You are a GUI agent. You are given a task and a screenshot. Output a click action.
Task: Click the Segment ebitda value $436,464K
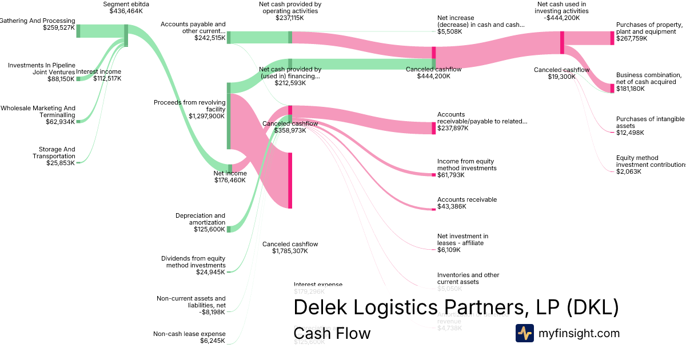pyautogui.click(x=126, y=11)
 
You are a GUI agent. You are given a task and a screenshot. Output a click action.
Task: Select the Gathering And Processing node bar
pyautogui.click(x=78, y=31)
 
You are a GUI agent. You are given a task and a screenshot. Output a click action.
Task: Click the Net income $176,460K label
pyautogui.click(x=230, y=177)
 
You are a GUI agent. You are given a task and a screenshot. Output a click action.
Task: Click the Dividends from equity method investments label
pyautogui.click(x=193, y=262)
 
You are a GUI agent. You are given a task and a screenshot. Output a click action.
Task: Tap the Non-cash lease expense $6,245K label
pyautogui.click(x=189, y=337)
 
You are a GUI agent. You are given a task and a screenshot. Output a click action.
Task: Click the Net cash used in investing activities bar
pyautogui.click(x=562, y=43)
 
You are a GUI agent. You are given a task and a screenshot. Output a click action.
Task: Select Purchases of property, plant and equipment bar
pyautogui.click(x=612, y=38)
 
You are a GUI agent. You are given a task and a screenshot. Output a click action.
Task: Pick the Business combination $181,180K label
pyautogui.click(x=648, y=82)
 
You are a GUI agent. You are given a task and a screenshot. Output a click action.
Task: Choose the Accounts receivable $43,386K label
pyautogui.click(x=466, y=203)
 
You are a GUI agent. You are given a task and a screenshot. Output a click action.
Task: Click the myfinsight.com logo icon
pyautogui.click(x=524, y=333)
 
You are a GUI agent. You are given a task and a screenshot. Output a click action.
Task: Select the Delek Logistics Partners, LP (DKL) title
pyautogui.click(x=456, y=307)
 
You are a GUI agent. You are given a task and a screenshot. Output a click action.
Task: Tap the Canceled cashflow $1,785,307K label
pyautogui.click(x=290, y=247)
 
